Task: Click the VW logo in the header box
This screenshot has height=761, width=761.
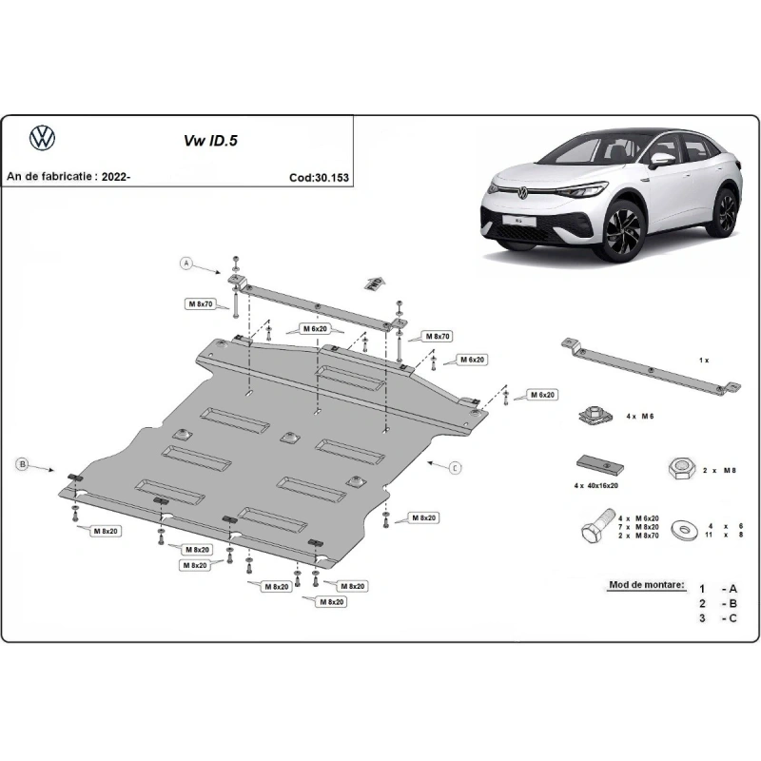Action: point(43,138)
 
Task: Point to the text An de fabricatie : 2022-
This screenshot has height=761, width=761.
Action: point(68,177)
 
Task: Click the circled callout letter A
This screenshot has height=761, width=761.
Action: point(187,263)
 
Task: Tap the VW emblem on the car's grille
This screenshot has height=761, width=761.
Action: point(521,193)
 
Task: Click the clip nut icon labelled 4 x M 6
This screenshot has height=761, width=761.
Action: point(591,417)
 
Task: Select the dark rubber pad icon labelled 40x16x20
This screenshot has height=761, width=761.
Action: point(597,467)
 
